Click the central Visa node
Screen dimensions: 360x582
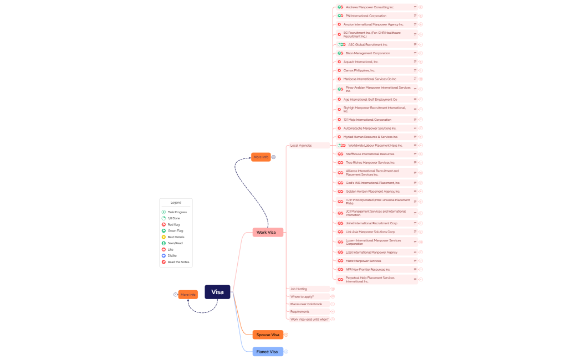pos(217,292)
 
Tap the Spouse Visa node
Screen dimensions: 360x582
pos(268,335)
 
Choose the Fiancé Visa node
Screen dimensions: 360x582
pos(267,352)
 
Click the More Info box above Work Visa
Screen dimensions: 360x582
pos(261,157)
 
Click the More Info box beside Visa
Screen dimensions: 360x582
pos(188,294)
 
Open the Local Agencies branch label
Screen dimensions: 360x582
pos(301,145)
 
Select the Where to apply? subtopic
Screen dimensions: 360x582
pos(302,296)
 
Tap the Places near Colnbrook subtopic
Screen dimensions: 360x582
pos(306,304)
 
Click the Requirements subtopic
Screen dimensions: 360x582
pos(300,311)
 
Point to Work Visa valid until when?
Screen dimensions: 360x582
pos(309,319)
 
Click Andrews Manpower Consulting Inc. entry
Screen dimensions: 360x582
pos(369,7)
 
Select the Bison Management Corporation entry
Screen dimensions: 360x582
pos(367,53)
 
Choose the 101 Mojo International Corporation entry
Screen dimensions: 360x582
pos(367,120)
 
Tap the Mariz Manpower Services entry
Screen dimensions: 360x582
pos(363,261)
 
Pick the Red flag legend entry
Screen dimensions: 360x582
pos(173,224)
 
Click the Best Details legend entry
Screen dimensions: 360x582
pos(176,237)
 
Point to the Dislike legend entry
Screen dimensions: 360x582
pos(172,255)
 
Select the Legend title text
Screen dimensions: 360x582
pos(176,203)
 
